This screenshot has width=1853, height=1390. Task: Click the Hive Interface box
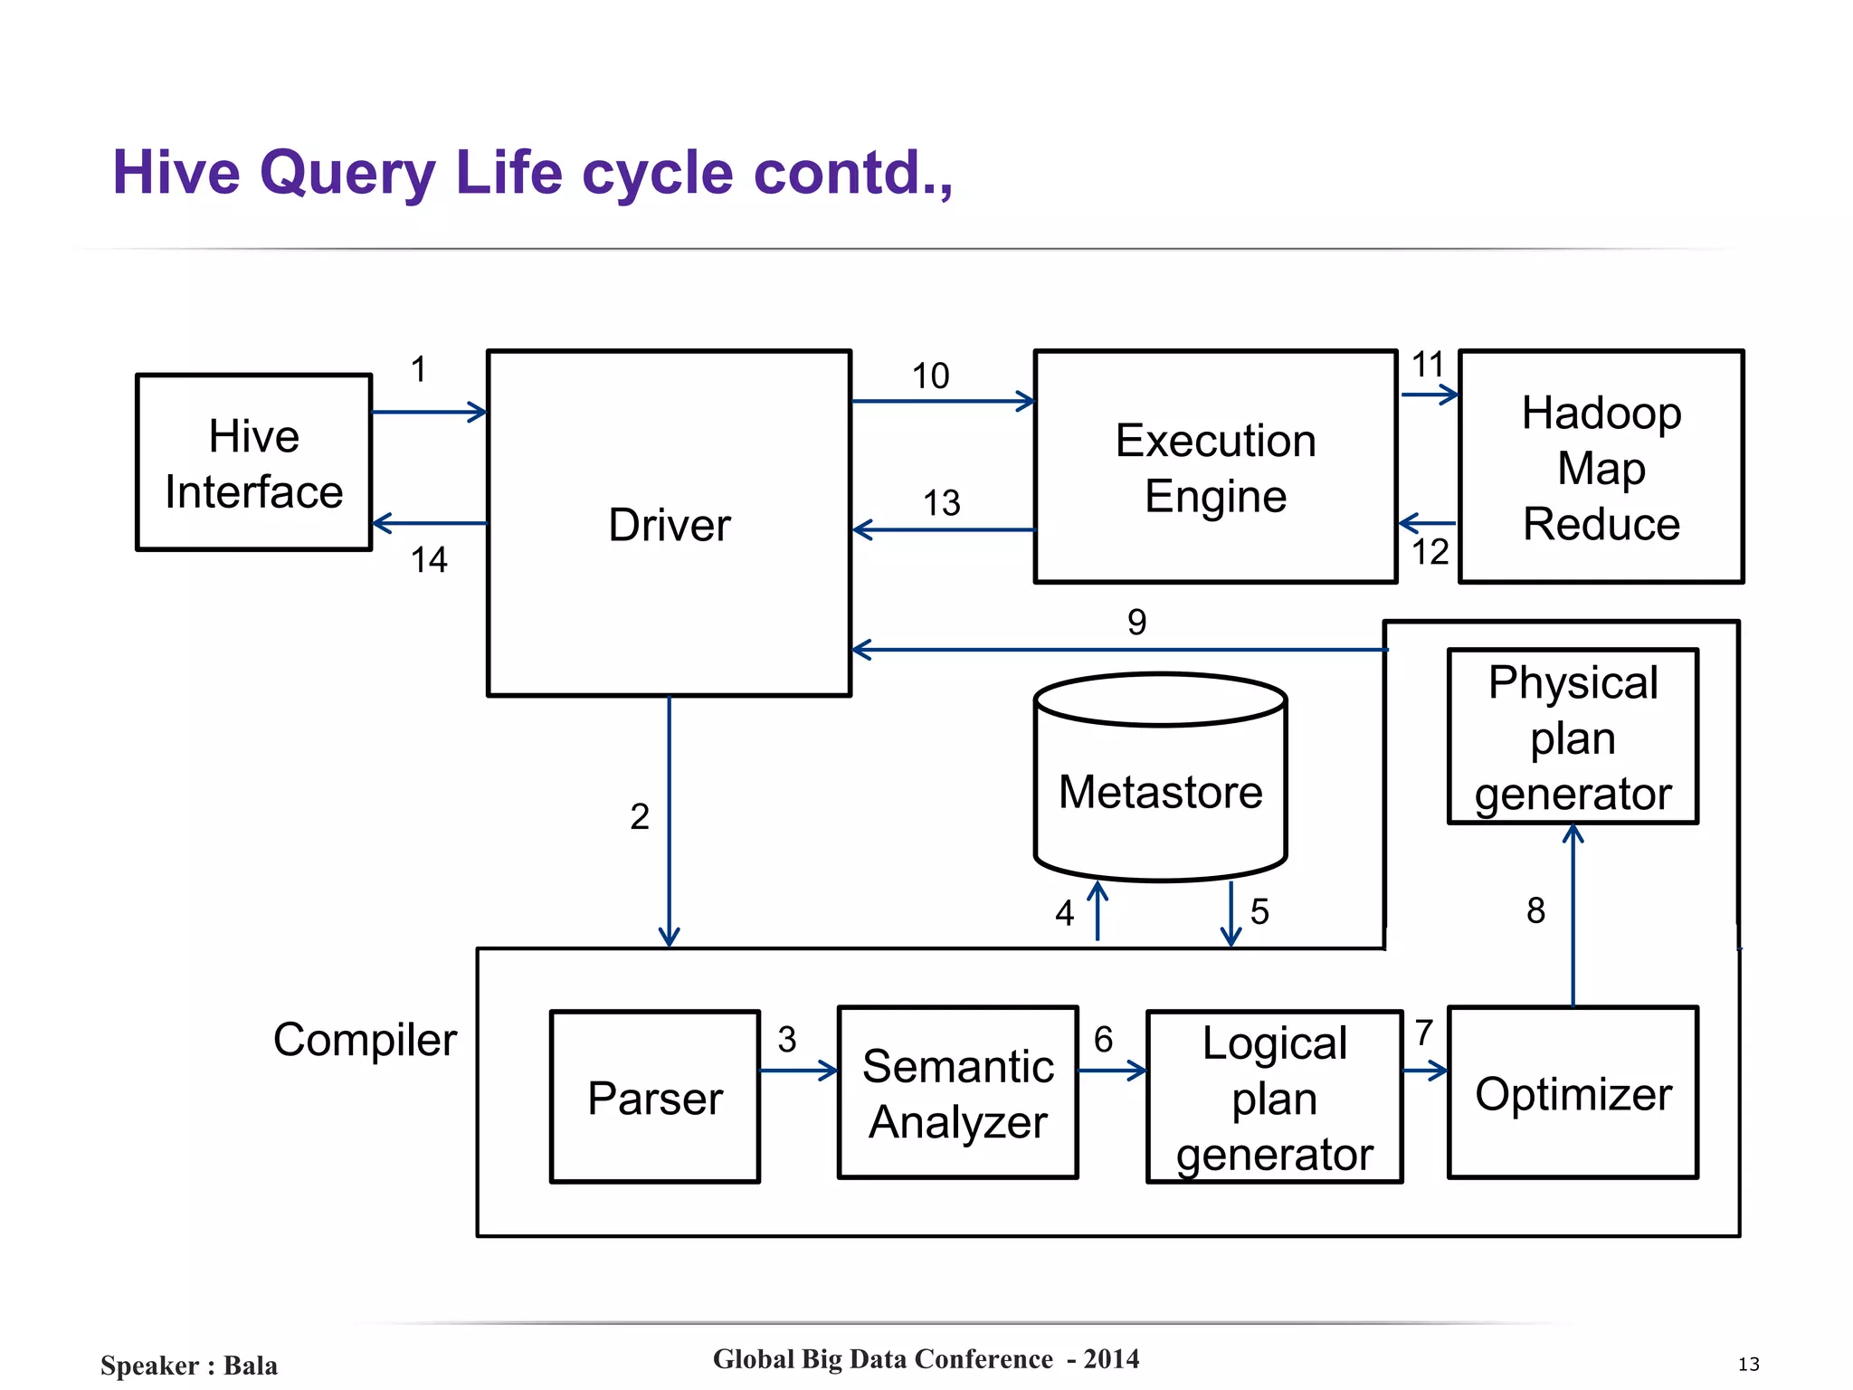tap(253, 462)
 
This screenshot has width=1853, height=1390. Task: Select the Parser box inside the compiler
tap(655, 1097)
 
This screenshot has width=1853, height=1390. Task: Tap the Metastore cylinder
tap(1160, 791)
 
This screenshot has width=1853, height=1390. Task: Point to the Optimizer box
tap(1573, 1093)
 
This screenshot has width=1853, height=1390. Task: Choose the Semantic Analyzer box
tap(958, 1093)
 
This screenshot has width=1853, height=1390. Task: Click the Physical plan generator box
tap(1573, 737)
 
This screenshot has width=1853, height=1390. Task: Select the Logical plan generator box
tap(1274, 1097)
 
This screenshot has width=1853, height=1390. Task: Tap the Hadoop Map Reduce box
tap(1601, 467)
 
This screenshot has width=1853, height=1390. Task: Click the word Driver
tap(670, 525)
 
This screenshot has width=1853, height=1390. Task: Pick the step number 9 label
tap(1136, 622)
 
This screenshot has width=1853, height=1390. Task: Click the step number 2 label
tap(640, 816)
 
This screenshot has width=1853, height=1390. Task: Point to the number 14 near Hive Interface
tap(429, 560)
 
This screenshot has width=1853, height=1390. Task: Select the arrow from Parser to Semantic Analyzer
tap(799, 1071)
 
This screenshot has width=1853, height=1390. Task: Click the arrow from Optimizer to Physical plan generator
tap(1573, 914)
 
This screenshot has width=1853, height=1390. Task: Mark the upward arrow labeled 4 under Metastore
tap(1098, 912)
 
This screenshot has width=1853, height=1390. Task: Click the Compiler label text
tap(365, 1040)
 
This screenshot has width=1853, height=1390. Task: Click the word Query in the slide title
tap(347, 174)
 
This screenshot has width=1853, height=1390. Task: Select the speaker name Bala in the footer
tap(251, 1366)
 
